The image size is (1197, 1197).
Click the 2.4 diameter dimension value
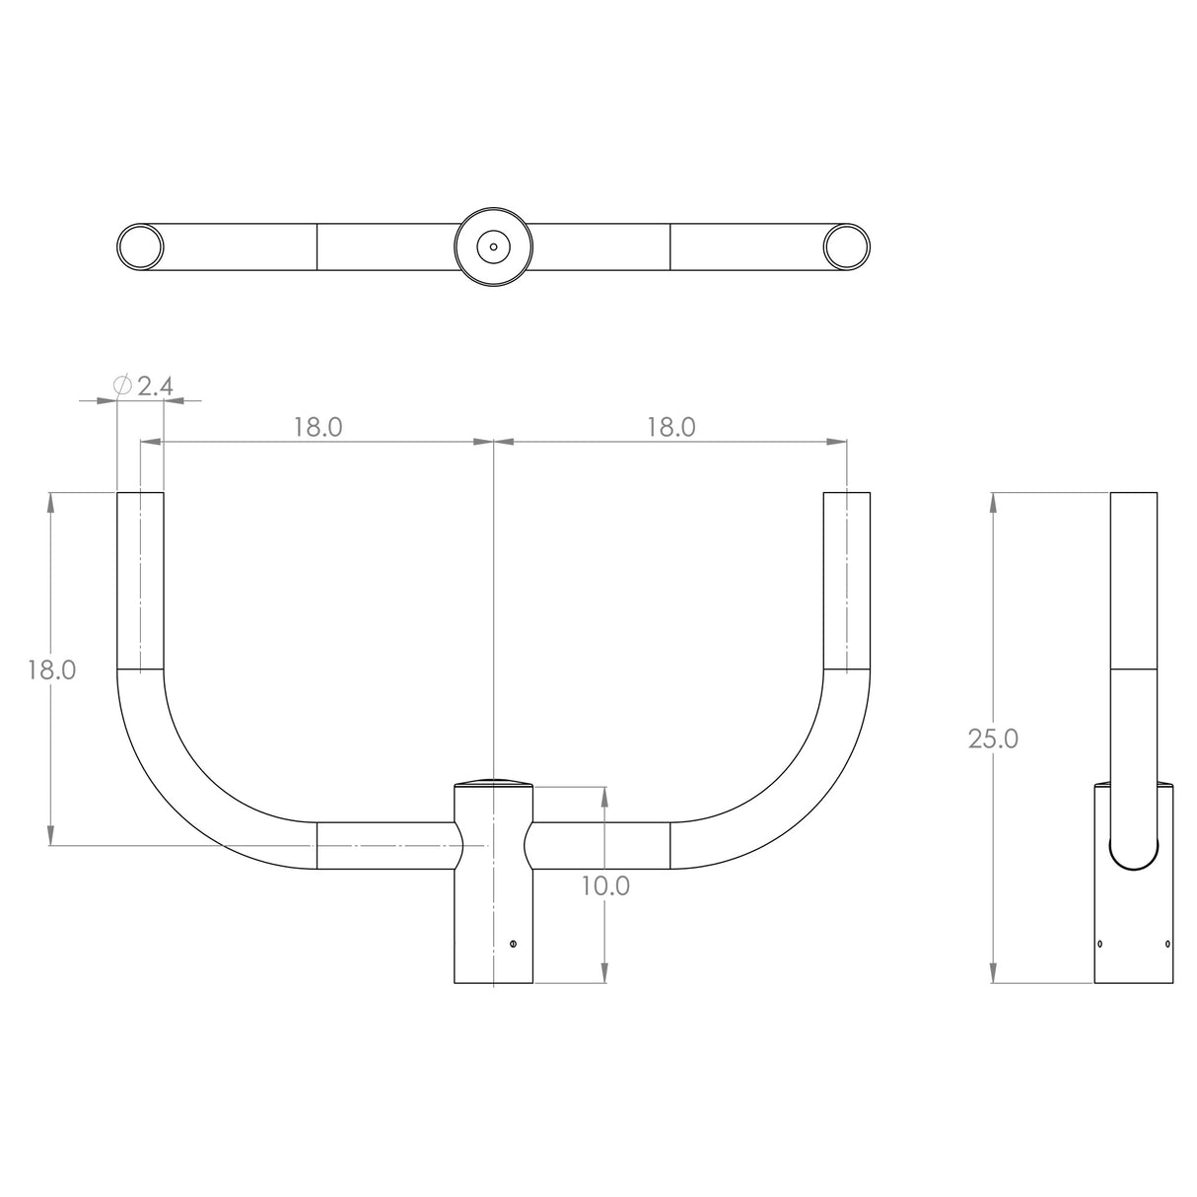155,386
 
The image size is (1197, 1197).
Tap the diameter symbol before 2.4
123,386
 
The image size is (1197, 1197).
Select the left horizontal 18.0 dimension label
317,427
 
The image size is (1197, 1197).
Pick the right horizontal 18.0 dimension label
671,427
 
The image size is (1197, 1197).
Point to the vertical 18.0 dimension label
51,670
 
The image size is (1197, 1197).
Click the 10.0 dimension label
604,885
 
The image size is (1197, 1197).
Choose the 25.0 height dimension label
993,739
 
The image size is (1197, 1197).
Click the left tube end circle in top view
140,246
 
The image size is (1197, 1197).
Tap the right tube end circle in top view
847,246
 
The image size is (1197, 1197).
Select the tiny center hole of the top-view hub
493,246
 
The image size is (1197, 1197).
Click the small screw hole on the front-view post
514,944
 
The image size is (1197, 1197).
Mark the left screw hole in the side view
1100,944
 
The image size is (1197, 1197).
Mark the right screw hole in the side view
1168,944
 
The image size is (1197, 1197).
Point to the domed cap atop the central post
493,782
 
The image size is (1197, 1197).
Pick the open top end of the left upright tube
141,493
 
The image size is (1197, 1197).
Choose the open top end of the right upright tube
847,493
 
